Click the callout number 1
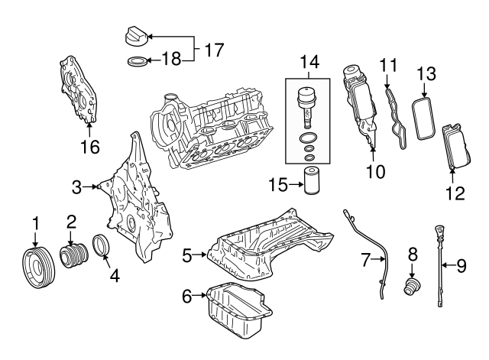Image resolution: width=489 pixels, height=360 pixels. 34,223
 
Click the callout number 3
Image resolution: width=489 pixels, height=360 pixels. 76,186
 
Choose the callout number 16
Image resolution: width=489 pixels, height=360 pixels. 89,146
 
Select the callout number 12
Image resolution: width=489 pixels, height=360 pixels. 455,193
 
